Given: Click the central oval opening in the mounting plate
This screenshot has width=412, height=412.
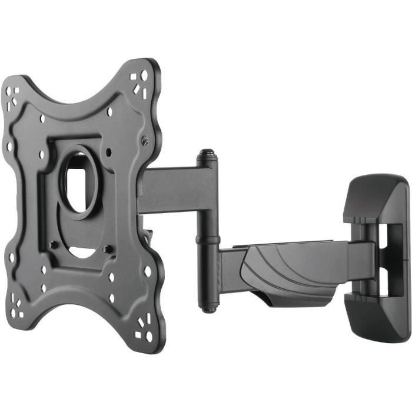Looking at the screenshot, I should tap(75, 182).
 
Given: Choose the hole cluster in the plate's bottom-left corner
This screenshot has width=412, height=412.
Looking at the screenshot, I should tap(18, 306).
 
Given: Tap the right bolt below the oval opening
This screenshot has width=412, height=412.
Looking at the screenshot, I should tap(107, 250).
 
